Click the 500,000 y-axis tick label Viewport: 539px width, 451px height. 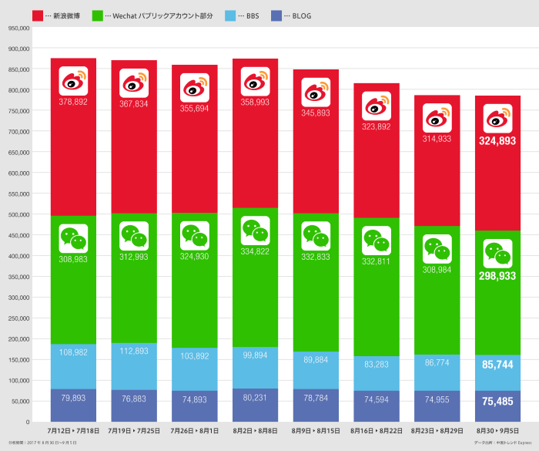click(x=18, y=214)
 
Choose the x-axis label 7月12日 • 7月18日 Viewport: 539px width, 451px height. click(x=73, y=429)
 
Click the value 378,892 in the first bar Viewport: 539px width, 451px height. click(x=73, y=101)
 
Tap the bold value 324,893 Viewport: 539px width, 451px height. click(x=498, y=141)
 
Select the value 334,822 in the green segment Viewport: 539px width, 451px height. click(x=255, y=251)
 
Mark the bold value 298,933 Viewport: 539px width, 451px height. click(x=498, y=276)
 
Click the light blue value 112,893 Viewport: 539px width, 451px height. click(x=134, y=352)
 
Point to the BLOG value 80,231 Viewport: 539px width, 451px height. click(x=255, y=399)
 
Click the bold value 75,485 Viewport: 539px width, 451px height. click(x=498, y=402)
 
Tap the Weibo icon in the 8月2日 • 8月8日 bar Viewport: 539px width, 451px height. click(x=255, y=81)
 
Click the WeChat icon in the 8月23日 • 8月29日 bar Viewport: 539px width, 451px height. click(x=437, y=248)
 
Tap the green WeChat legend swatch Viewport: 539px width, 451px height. click(x=98, y=15)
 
